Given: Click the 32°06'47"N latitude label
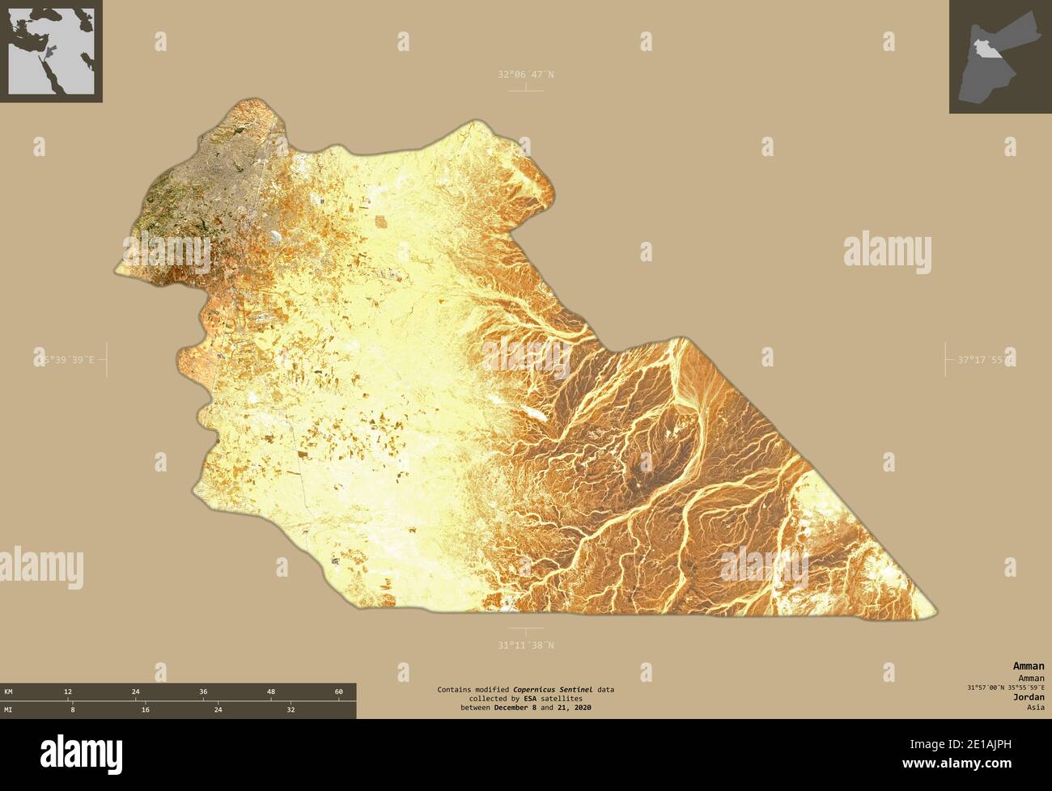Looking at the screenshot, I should click(x=526, y=74).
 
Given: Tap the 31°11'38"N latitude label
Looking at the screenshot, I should click(x=526, y=645).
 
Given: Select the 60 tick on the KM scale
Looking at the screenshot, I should click(x=339, y=692).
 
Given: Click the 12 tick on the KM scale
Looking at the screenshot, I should click(x=68, y=692).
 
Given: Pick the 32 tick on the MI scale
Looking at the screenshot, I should click(x=291, y=709).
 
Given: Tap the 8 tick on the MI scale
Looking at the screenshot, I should click(x=72, y=709).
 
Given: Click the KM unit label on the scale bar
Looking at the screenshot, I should click(x=8, y=692).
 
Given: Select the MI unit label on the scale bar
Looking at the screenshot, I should click(x=8, y=709).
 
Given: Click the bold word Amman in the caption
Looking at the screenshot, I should click(x=1028, y=666).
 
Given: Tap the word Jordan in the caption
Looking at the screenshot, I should click(x=1029, y=696).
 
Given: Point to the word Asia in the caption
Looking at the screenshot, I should click(x=1034, y=707).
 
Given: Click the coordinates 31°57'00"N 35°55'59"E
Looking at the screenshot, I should click(x=1004, y=687).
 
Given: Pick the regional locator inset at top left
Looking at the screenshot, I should click(x=51, y=51).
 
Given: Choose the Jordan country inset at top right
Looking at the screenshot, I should click(x=1000, y=57).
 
